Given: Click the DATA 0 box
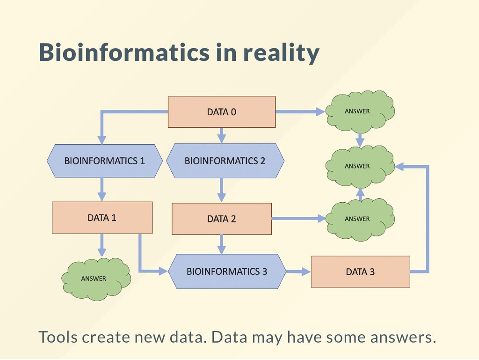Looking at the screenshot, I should [221, 112].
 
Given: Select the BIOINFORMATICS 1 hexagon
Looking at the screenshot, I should [104, 161].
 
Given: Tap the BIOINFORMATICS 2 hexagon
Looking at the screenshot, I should [225, 161].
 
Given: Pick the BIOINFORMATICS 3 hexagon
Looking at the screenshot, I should [227, 272].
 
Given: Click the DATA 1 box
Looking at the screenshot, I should [102, 218].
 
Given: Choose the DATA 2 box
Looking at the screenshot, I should [221, 219].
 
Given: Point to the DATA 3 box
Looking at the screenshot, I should [360, 272].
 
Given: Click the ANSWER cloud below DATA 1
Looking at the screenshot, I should [95, 279].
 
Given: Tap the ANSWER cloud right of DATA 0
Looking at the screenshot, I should [359, 111].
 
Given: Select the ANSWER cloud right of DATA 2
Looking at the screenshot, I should [359, 219].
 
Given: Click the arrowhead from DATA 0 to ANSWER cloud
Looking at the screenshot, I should [320, 111].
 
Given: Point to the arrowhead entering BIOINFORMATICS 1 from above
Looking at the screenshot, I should [102, 140].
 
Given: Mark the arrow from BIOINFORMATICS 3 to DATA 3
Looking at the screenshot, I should [298, 271].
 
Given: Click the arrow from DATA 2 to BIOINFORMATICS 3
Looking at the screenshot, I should [222, 244].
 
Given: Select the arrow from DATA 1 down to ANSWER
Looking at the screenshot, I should [102, 245].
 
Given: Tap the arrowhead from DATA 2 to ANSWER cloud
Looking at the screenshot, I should [320, 218].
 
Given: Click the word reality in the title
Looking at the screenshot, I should [281, 52].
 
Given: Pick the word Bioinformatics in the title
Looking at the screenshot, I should [124, 52].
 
